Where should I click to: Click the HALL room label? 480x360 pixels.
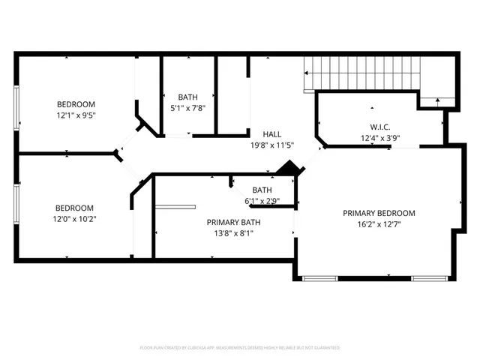click(x=261, y=133)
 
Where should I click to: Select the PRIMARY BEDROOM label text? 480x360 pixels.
click(x=379, y=213)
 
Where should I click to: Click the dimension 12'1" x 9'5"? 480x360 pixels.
click(x=76, y=115)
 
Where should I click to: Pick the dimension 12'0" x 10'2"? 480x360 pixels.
click(x=75, y=219)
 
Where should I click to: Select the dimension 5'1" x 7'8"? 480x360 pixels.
click(x=187, y=108)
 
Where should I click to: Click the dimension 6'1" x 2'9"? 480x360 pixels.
click(x=262, y=200)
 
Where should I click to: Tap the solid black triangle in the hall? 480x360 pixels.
click(x=288, y=169)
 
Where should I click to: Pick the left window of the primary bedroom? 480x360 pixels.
click(x=321, y=278)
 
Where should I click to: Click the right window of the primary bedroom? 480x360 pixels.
click(x=429, y=278)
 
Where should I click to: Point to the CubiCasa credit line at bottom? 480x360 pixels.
click(x=240, y=348)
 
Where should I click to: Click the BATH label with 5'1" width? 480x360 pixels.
click(x=187, y=97)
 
